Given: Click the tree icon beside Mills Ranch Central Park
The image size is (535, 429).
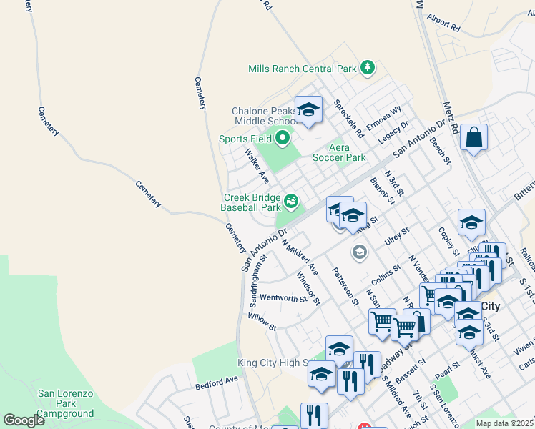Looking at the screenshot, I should coord(368,68).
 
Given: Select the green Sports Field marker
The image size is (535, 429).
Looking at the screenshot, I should coord(283,139).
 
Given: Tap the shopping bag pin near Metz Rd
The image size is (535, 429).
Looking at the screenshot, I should coord(473,138).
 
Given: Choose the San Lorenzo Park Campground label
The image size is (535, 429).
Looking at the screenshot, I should coord(66,403).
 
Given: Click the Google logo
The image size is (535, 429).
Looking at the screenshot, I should coord(24,420).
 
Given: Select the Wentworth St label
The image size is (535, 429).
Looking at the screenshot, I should coord(283,298).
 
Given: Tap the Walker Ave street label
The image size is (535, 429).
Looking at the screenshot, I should coord(256,165).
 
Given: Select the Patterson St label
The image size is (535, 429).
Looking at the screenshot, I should coord(345,287).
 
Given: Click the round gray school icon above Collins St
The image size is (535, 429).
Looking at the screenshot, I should coord(359,252).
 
